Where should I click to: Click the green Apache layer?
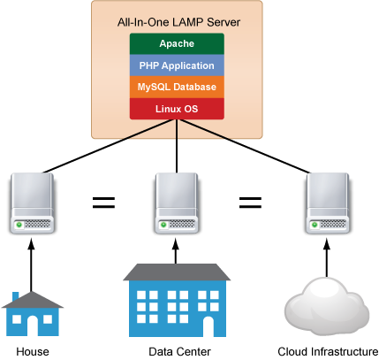tap(177, 43)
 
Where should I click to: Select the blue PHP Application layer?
tap(177, 65)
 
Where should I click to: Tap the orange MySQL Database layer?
tap(177, 87)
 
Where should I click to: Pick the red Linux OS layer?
tap(177, 109)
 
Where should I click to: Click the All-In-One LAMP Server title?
tap(178, 22)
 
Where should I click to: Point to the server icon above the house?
tap(32, 203)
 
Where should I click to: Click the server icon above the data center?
tap(177, 203)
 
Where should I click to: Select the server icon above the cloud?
tap(328, 203)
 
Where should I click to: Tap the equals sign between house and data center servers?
tap(103, 203)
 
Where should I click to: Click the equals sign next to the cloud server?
tap(250, 203)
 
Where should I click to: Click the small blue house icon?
tap(33, 314)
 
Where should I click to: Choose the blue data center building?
tap(177, 300)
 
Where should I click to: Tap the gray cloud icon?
tap(327, 306)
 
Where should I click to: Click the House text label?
tap(33, 352)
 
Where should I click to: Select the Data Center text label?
tap(179, 352)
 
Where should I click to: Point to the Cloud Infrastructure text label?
tap(328, 352)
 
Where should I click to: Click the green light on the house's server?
tap(19, 225)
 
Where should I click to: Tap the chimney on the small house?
tap(15, 296)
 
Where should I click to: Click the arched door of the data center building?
tap(208, 326)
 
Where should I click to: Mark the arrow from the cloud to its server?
tap(327, 258)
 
